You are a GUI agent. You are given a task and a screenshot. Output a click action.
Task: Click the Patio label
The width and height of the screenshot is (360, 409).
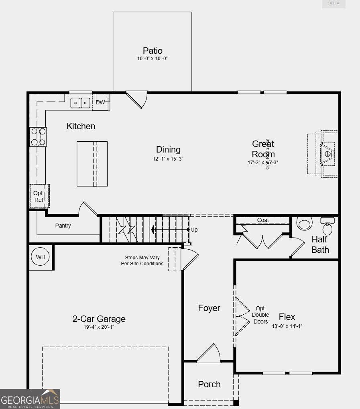(x=153, y=51)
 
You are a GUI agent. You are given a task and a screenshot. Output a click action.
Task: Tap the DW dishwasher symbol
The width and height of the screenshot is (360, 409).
(x=100, y=102)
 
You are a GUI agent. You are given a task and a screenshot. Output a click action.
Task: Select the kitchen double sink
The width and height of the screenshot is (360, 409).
(x=81, y=103)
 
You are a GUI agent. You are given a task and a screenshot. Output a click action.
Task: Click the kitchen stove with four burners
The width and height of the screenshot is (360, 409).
(x=38, y=137)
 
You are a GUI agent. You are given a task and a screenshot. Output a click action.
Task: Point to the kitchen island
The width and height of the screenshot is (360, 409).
(x=92, y=163)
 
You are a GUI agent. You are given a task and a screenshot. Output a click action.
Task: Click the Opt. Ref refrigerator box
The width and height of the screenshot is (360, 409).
(x=39, y=196)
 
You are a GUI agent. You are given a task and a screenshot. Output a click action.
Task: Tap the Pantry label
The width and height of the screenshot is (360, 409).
(x=63, y=226)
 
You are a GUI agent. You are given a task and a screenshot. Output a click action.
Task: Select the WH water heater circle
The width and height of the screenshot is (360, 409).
(x=41, y=257)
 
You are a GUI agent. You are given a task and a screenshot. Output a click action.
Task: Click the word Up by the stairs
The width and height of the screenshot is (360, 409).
(x=194, y=230)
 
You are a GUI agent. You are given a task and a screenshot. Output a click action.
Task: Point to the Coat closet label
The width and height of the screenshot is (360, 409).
(x=263, y=220)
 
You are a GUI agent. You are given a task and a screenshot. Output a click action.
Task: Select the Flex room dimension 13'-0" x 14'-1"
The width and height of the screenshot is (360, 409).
(x=287, y=326)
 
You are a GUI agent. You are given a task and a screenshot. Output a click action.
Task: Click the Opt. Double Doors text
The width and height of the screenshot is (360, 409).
(x=260, y=315)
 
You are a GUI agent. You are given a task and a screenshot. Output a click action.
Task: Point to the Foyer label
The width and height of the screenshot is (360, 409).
(x=209, y=308)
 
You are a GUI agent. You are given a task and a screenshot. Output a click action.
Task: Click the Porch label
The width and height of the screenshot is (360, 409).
(x=209, y=384)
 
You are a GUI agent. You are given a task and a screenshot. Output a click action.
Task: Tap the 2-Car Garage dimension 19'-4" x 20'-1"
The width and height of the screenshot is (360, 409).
(x=99, y=327)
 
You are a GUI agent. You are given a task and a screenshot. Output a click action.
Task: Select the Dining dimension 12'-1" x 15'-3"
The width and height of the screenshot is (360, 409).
(x=168, y=159)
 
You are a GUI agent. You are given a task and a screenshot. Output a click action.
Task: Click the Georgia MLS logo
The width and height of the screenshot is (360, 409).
(x=30, y=399)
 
